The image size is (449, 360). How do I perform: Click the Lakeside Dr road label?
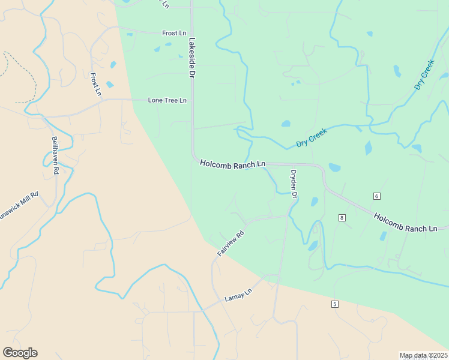[x=193, y=58]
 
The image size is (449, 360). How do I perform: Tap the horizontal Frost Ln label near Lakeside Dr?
[x=174, y=33]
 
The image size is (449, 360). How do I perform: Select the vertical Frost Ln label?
[x=95, y=84]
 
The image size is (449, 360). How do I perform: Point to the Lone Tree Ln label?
[x=167, y=100]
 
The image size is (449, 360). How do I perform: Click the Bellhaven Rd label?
[x=55, y=155]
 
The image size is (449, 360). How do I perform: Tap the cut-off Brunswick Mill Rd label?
[x=18, y=206]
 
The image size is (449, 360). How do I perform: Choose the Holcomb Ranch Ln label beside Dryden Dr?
[x=232, y=163]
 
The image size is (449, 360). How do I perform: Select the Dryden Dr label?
[x=294, y=184]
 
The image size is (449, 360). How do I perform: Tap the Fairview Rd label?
[x=231, y=244]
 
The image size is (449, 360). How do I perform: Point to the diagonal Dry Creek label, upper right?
[x=424, y=75]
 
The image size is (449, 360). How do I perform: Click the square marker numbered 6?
[x=376, y=196]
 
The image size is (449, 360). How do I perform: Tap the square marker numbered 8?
[x=342, y=217]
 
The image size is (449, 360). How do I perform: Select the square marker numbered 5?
[x=334, y=304]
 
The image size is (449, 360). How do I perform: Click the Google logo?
[x=20, y=353]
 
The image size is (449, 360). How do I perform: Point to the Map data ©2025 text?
[x=423, y=355]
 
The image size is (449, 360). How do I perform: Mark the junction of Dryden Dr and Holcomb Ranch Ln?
[x=292, y=164]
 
